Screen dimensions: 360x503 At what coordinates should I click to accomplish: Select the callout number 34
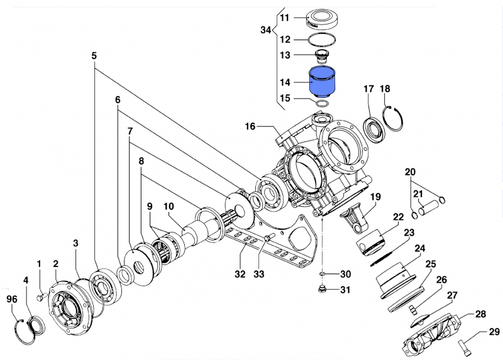(267, 30)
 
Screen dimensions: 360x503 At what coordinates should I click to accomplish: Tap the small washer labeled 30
(321, 275)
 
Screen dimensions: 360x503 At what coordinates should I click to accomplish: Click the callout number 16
(250, 126)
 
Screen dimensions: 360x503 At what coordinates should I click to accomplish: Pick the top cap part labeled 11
(324, 18)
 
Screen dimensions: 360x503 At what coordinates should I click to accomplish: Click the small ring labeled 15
(322, 102)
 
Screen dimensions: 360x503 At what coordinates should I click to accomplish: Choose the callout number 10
(169, 206)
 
